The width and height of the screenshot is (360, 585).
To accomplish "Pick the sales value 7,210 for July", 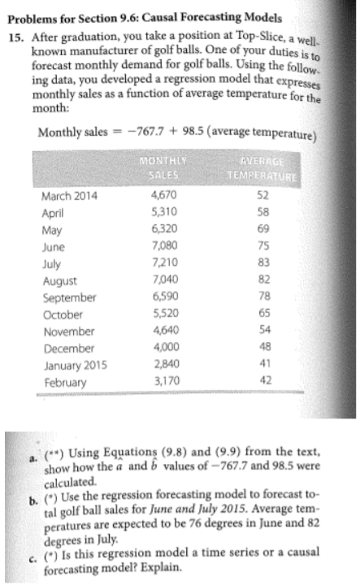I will [x=167, y=265].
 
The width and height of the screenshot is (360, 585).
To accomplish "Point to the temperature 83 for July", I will [x=284, y=265].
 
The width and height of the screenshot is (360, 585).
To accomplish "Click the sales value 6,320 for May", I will [x=166, y=231].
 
